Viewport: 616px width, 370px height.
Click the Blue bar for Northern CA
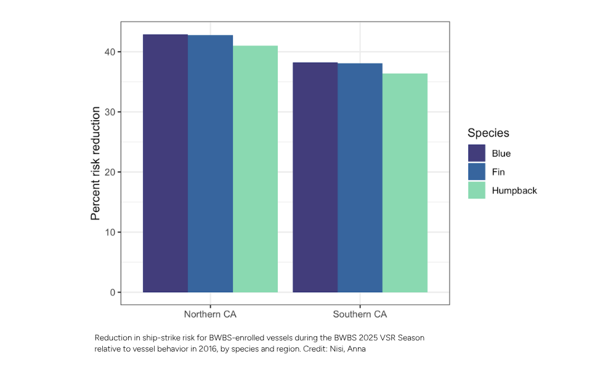tap(165, 163)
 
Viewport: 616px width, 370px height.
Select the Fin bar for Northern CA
tap(210, 163)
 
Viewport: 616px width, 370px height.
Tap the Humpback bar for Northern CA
tap(255, 169)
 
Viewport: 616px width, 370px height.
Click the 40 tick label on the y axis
tap(110, 52)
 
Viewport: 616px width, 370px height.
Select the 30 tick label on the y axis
tap(110, 112)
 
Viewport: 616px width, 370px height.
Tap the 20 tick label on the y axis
tap(110, 172)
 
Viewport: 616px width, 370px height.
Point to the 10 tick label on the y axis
tap(110, 232)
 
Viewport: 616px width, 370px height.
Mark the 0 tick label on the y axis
tap(112, 292)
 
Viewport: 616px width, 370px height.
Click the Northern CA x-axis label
tap(210, 314)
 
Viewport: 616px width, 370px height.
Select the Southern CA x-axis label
tap(360, 314)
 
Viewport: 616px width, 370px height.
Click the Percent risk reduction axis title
tap(95, 163)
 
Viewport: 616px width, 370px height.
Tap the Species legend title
tap(488, 133)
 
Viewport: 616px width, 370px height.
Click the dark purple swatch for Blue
tap(477, 154)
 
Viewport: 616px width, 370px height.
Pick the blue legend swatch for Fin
tap(477, 172)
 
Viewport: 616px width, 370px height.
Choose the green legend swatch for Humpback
tap(477, 191)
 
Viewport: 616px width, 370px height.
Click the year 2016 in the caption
tap(211, 349)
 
